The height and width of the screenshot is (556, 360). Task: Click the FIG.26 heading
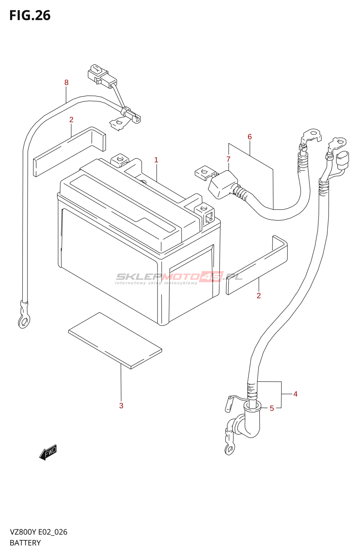pos(30,16)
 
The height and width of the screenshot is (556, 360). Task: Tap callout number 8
pos(66,83)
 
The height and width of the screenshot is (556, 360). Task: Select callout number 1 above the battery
pos(156,160)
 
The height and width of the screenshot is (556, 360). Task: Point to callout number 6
pos(249,137)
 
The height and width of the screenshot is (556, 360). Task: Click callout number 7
pos(228,160)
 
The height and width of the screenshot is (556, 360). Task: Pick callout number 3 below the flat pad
pos(121,406)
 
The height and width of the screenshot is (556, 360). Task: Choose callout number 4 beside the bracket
pos(295,394)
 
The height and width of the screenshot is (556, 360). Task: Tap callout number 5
pos(272,408)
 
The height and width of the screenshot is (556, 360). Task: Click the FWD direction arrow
pos(48,452)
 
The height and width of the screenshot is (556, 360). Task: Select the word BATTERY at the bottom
pos(25,543)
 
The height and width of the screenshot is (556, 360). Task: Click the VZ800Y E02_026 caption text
pos(39,532)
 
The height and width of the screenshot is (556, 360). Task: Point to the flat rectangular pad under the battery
pos(115,340)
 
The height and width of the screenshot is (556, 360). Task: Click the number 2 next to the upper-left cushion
pos(71,120)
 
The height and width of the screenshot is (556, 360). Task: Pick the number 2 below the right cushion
pos(259,296)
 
